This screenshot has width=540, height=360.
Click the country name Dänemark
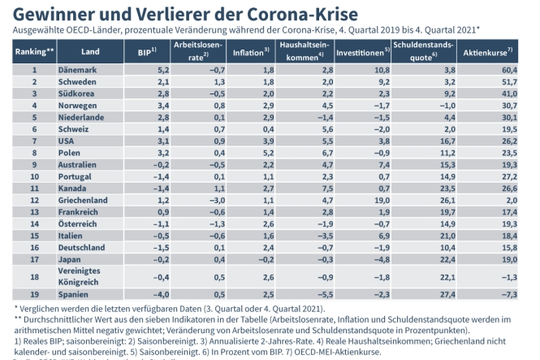click(78, 71)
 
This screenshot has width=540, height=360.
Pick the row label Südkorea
click(76, 94)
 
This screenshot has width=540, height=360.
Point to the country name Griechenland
click(83, 199)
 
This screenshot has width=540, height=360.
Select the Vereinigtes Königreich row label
click(81, 275)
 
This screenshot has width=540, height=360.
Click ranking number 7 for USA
click(34, 141)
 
